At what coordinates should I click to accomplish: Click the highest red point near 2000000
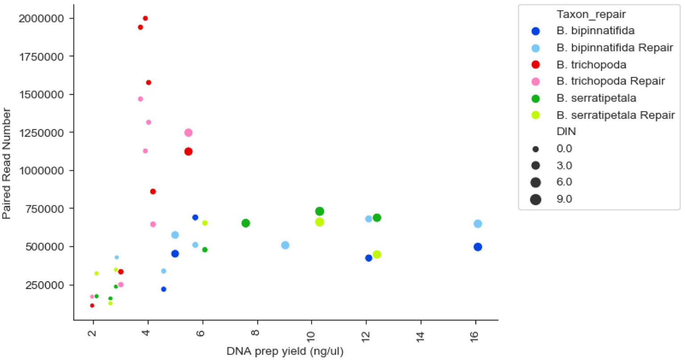click(x=145, y=18)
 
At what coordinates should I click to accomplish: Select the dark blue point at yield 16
click(x=477, y=247)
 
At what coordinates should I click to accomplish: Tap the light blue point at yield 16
click(x=477, y=224)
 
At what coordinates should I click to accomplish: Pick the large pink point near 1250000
click(x=188, y=132)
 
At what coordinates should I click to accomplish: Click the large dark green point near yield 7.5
click(x=245, y=223)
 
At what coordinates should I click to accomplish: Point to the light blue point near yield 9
click(x=285, y=245)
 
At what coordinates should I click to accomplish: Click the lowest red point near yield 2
click(x=92, y=306)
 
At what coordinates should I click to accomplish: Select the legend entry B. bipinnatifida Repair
click(x=614, y=48)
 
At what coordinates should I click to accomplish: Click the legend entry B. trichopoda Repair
click(x=610, y=81)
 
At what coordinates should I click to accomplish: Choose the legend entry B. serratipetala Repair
click(x=615, y=115)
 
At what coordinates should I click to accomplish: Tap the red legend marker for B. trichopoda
click(x=536, y=65)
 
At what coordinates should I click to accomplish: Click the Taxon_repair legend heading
click(x=591, y=14)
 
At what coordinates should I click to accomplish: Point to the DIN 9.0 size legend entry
click(x=564, y=199)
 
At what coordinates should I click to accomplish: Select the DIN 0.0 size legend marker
click(x=536, y=149)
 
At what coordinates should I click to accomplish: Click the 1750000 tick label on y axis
click(x=42, y=57)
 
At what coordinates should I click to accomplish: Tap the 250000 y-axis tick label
click(x=45, y=285)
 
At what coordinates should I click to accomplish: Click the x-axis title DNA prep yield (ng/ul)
click(x=285, y=352)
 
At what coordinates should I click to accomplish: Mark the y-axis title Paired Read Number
click(x=6, y=163)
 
